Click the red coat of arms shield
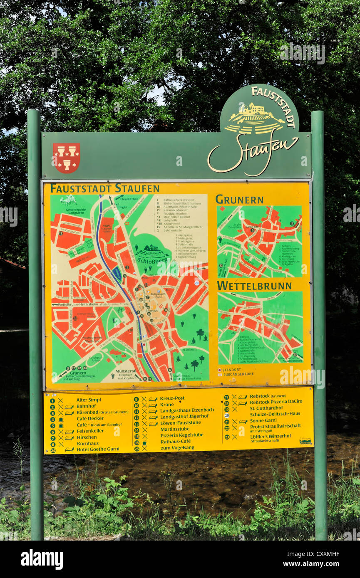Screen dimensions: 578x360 click(x=66, y=158)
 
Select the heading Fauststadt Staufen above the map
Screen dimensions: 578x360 click(x=104, y=188)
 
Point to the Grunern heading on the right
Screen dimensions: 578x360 click(x=239, y=200)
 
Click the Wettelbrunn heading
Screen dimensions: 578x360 click(x=254, y=286)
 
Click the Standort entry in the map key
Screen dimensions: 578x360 click(x=231, y=369)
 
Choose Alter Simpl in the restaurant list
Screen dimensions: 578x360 click(x=89, y=400)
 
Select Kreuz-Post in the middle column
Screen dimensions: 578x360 click(x=172, y=398)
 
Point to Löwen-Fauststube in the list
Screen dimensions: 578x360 click(x=180, y=422)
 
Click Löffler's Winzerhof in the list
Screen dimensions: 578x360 click(x=270, y=436)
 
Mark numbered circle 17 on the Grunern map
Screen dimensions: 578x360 click(x=292, y=223)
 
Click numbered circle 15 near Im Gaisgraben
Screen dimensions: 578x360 click(x=61, y=234)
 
